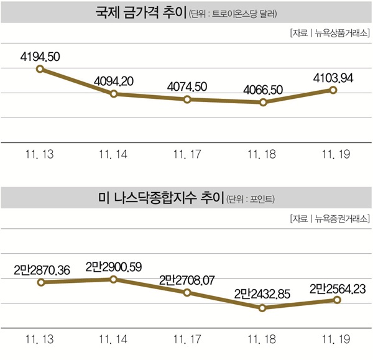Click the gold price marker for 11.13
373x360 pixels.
40,69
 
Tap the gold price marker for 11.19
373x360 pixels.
333,90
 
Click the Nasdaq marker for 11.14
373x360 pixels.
114,279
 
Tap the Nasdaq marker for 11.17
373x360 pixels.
188,292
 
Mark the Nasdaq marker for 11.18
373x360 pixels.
262,307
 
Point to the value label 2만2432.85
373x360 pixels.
262,293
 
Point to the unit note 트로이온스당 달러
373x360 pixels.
232,13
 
